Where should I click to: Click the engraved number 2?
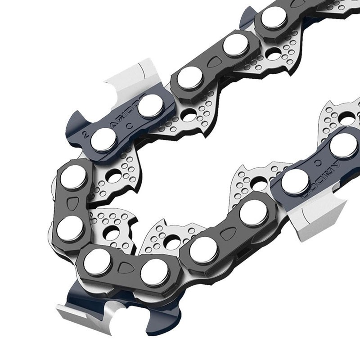[x=85, y=134]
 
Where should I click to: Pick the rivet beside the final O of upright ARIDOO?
[x=151, y=106]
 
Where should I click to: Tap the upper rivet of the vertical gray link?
[x=73, y=177]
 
